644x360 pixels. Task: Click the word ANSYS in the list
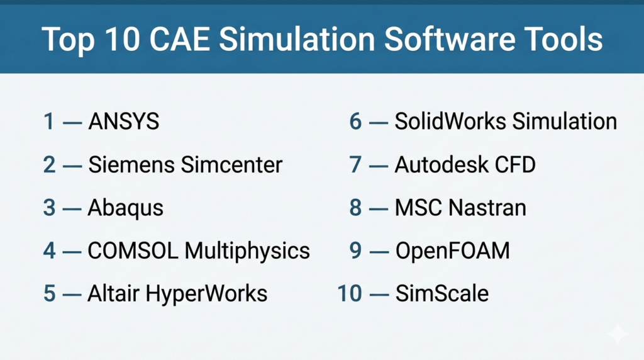coord(124,121)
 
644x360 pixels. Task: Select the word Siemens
coord(132,165)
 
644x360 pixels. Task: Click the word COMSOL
coord(133,250)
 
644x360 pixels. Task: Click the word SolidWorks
coord(450,121)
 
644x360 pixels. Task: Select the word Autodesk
coord(441,165)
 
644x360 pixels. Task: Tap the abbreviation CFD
coord(515,165)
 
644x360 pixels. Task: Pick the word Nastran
coord(487,208)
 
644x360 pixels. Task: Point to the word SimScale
coord(442,294)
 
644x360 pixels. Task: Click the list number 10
coord(350,294)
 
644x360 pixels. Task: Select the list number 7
coord(355,165)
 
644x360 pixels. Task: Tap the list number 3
coord(49,208)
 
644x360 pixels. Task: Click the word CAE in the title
coord(179,40)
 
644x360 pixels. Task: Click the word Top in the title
coord(68,41)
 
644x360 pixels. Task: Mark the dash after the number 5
coord(72,295)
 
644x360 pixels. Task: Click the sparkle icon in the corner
coord(618,334)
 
